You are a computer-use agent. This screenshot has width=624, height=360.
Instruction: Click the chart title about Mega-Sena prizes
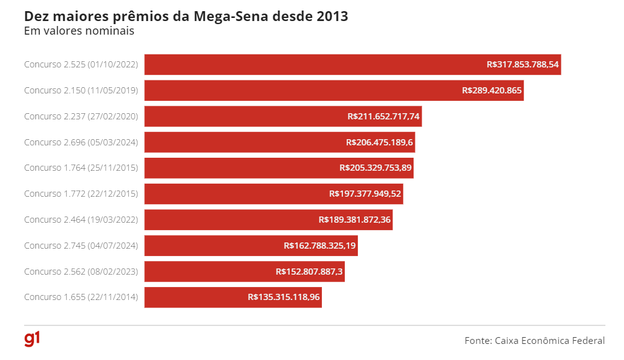[x=186, y=16]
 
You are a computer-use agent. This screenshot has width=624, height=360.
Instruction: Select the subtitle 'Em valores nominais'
[x=79, y=30]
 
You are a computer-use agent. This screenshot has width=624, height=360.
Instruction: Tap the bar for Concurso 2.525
[x=310, y=64]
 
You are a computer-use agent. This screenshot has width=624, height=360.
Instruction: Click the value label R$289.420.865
[x=492, y=90]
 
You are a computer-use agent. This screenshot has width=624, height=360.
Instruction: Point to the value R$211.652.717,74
[x=384, y=116]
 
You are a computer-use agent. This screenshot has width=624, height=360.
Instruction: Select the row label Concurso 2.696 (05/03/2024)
[x=81, y=142]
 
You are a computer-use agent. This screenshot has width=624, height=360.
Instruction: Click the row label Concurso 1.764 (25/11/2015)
[x=81, y=168]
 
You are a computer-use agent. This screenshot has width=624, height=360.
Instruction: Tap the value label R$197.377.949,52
[x=365, y=194]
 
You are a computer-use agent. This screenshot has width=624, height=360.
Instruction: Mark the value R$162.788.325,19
[x=319, y=246]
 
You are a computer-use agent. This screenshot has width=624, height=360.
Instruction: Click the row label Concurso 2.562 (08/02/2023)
[x=81, y=272]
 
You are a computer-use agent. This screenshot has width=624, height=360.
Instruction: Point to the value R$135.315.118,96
[x=284, y=297]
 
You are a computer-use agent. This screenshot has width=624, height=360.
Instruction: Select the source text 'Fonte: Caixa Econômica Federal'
[x=534, y=340]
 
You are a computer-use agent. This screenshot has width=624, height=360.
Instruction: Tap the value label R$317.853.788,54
[x=522, y=64]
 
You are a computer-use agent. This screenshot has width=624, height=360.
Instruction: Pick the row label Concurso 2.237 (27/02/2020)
[x=81, y=116]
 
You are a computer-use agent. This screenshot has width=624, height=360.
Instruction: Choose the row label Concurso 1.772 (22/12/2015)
[x=81, y=194]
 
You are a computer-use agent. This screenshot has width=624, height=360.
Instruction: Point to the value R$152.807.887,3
[x=309, y=272]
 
